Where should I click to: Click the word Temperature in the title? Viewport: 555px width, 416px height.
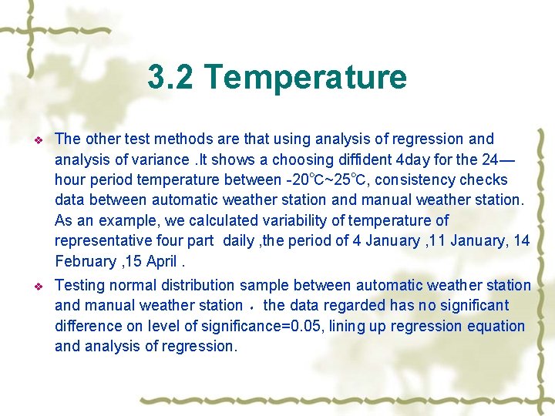(x=305, y=77)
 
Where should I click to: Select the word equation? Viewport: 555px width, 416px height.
(x=493, y=326)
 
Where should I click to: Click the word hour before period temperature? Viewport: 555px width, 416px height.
(x=70, y=179)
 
